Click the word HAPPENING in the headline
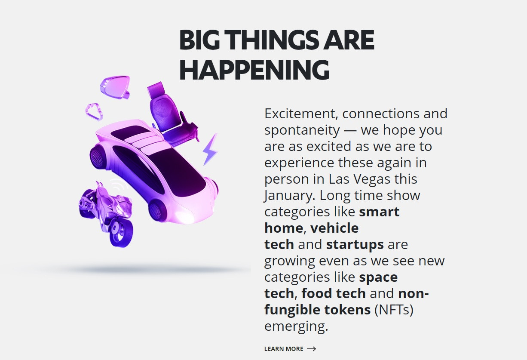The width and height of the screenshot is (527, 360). pyautogui.click(x=254, y=70)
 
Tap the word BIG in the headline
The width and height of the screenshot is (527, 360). pyautogui.click(x=200, y=40)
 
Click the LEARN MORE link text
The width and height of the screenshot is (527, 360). pyautogui.click(x=284, y=349)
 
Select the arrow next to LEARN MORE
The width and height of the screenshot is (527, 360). pyautogui.click(x=312, y=349)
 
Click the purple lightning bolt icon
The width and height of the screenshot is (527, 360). pyautogui.click(x=210, y=149)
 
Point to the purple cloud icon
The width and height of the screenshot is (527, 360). pyautogui.click(x=94, y=111)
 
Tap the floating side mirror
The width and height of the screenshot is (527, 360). pyautogui.click(x=115, y=86)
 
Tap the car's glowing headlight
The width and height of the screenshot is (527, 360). pyautogui.click(x=186, y=216)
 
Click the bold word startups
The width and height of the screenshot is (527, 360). pyautogui.click(x=355, y=244)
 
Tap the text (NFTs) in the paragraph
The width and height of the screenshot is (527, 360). pyautogui.click(x=394, y=310)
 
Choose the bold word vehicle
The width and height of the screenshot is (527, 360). pyautogui.click(x=334, y=228)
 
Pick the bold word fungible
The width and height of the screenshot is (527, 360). pyautogui.click(x=292, y=310)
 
